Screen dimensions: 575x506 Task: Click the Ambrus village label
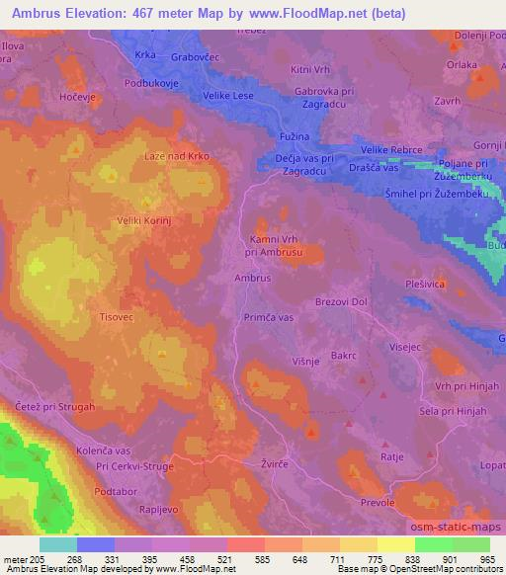tap(253, 279)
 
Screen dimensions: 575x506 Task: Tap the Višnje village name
tap(305, 363)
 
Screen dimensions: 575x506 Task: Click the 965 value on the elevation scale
tap(487, 558)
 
